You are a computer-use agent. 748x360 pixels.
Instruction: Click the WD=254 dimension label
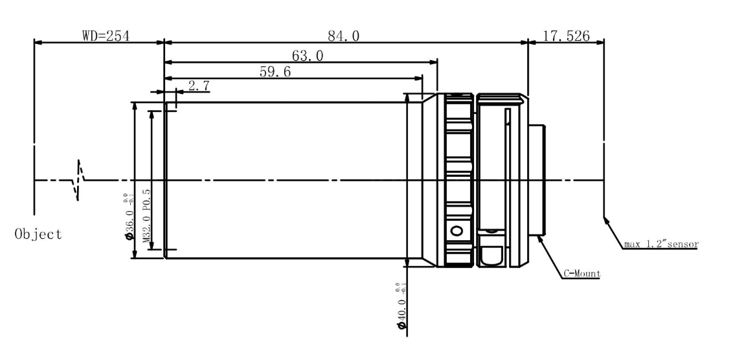(x=106, y=36)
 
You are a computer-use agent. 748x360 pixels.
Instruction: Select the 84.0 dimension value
(x=343, y=36)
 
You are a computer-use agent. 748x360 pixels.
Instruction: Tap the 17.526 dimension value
(x=566, y=36)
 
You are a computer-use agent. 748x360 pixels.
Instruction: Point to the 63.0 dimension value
(x=308, y=56)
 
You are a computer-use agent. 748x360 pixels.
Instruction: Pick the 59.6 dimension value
(x=275, y=72)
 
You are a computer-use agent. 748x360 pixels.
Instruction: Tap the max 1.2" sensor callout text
(x=661, y=245)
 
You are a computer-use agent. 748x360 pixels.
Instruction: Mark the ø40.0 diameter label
(x=402, y=304)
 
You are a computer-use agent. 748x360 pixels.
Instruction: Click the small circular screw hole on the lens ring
(x=457, y=231)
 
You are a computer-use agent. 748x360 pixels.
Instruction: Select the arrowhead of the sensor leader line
(x=607, y=221)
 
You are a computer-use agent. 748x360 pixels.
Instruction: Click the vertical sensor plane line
(x=604, y=129)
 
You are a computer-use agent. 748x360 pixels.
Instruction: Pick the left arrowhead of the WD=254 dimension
(x=38, y=43)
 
